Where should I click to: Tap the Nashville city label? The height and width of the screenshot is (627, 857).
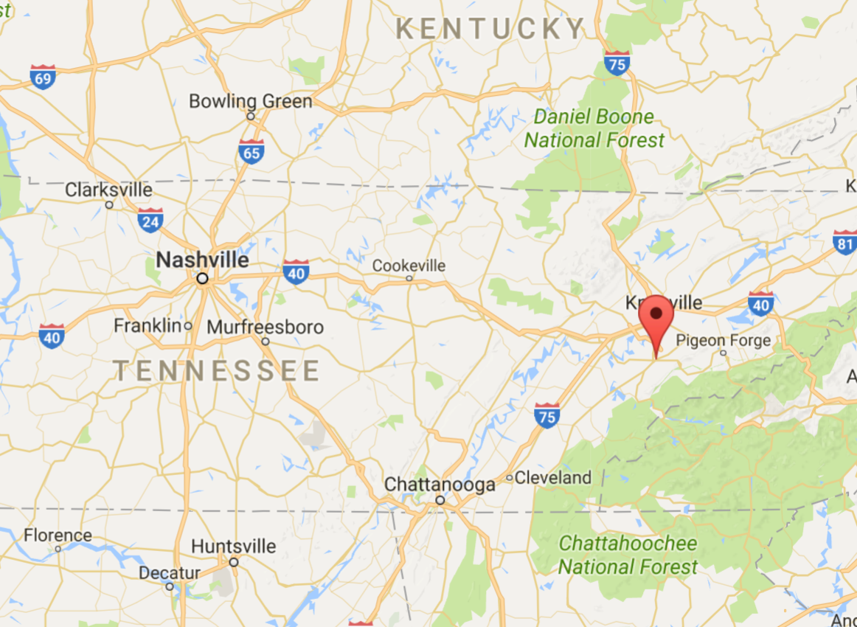pyautogui.click(x=202, y=260)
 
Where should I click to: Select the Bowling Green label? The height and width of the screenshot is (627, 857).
pyautogui.click(x=251, y=101)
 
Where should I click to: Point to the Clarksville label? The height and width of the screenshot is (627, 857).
pyautogui.click(x=108, y=190)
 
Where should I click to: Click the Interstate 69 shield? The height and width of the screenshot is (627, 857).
pyautogui.click(x=43, y=77)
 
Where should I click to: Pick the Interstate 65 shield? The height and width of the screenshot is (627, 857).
pyautogui.click(x=251, y=151)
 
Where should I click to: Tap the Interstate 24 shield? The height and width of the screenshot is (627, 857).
pyautogui.click(x=150, y=220)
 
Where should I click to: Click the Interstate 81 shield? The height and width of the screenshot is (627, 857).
pyautogui.click(x=845, y=242)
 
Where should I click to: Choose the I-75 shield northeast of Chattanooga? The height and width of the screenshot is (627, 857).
pyautogui.click(x=547, y=415)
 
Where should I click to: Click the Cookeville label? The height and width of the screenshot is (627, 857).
pyautogui.click(x=409, y=266)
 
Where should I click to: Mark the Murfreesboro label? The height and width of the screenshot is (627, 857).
pyautogui.click(x=265, y=327)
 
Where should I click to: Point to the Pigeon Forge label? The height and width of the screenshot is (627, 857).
pyautogui.click(x=723, y=340)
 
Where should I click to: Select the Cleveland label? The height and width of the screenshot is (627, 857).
pyautogui.click(x=552, y=477)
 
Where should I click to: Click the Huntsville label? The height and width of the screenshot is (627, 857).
pyautogui.click(x=233, y=547)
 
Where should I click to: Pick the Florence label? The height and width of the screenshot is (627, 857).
pyautogui.click(x=58, y=536)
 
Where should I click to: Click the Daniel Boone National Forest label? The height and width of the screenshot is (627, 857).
pyautogui.click(x=594, y=128)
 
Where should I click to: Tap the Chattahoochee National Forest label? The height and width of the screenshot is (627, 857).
pyautogui.click(x=627, y=555)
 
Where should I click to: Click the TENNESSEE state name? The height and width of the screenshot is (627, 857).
pyautogui.click(x=217, y=370)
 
